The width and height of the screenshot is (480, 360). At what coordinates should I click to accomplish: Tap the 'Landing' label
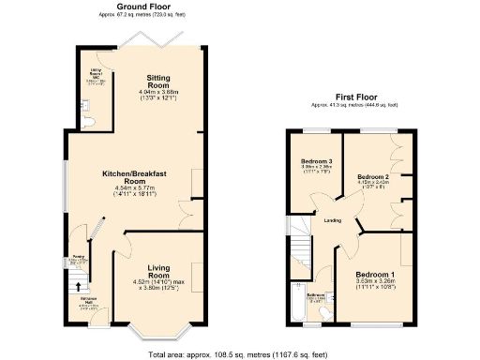pos(332,221)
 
